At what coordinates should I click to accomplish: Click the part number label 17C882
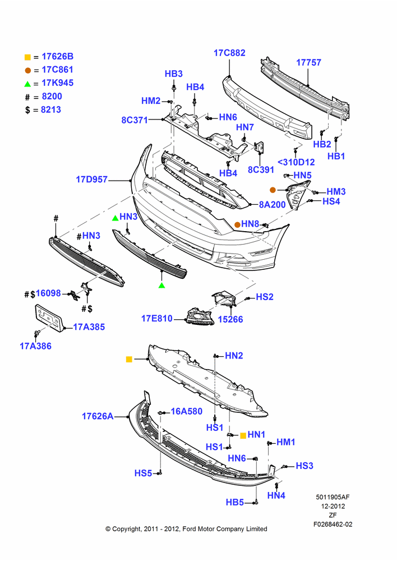point(229,53)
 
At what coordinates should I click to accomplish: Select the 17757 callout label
point(308,63)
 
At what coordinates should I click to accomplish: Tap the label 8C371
point(135,120)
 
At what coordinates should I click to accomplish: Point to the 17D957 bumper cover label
point(91,180)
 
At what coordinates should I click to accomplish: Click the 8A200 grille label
point(272,205)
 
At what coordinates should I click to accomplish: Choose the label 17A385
point(89,327)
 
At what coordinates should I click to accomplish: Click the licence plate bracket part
point(49,318)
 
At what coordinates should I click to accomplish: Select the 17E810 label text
point(157,319)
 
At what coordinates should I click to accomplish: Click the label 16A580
point(187,411)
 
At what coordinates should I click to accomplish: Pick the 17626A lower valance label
point(98,416)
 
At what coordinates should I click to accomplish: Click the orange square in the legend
point(27,57)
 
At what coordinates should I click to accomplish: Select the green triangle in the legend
point(27,84)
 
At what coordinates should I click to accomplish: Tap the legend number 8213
point(51,110)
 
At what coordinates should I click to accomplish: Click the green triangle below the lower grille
point(161,285)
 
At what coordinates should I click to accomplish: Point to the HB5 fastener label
point(234,502)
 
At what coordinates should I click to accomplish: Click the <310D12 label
point(297,163)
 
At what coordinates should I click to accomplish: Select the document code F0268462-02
point(333,525)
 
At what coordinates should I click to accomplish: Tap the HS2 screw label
point(265,297)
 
